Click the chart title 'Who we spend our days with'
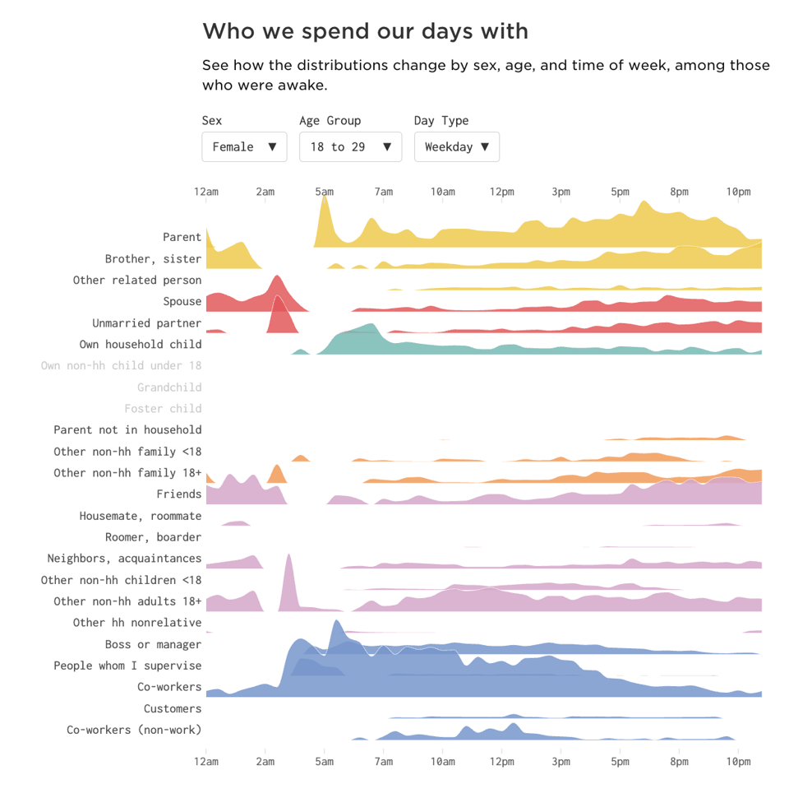coord(365,31)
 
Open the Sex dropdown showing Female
coord(244,146)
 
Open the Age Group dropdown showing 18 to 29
coord(350,146)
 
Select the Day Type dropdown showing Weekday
coord(456,146)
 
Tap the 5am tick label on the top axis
coord(325,192)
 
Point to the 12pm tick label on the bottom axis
coord(501,762)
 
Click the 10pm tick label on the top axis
coord(738,192)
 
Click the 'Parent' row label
coord(182,237)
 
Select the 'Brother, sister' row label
coord(153,258)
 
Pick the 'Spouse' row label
coord(182,301)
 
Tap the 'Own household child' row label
coord(140,344)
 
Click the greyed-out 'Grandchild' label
coord(169,387)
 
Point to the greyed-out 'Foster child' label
coord(163,408)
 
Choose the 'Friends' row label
coord(178,494)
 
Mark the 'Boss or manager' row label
coord(153,644)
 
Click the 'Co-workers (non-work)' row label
coord(134,730)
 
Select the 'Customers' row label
coord(173,708)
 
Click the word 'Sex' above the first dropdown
coord(212,120)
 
